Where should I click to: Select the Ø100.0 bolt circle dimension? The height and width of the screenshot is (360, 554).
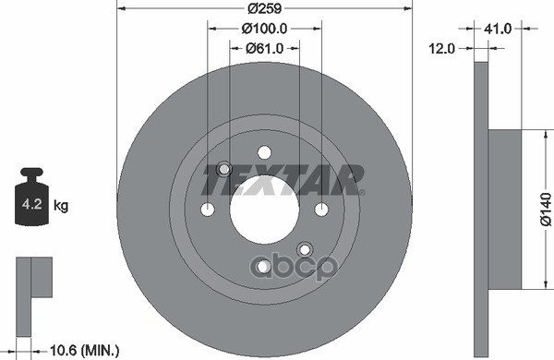point(265,29)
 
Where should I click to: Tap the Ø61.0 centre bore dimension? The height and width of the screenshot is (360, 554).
point(265,48)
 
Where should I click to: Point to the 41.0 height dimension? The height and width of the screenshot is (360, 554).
point(498,29)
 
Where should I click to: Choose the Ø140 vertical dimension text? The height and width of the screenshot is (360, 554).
point(545,209)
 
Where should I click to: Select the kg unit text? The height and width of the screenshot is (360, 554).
point(62,206)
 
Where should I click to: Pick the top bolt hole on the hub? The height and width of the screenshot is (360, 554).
point(264,152)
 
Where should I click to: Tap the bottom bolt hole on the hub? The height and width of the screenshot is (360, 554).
point(264,266)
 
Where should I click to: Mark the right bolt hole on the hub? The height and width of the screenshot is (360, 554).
point(321,209)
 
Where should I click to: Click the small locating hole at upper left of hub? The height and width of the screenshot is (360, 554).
point(223,169)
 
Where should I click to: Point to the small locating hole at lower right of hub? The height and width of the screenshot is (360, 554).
point(304,248)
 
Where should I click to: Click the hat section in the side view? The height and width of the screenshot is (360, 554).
point(503,209)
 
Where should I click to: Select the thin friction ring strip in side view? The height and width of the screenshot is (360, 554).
point(480,209)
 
